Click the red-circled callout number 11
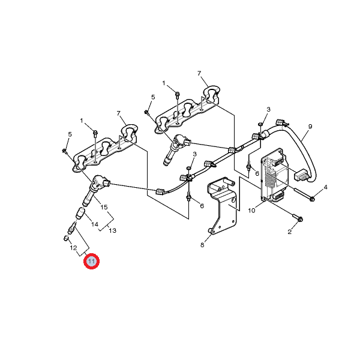[91, 261]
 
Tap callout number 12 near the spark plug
[73, 248]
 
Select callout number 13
[112, 230]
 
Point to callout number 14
[95, 224]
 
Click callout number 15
[104, 207]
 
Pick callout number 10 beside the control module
[251, 211]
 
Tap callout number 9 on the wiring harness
[310, 127]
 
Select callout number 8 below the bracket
[202, 245]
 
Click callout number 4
[325, 187]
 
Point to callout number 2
[290, 232]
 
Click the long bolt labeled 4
[304, 194]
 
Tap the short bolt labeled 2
[298, 218]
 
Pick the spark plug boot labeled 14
[80, 213]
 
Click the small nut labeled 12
[65, 238]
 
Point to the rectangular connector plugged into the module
[301, 175]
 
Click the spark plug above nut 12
[71, 228]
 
